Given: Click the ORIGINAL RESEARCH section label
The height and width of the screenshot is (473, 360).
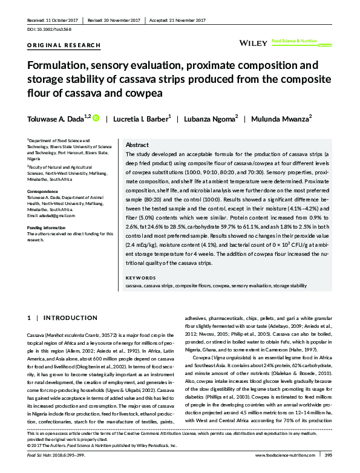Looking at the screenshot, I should (x=55, y=46).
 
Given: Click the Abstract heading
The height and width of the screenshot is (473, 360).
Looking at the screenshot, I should (x=137, y=146).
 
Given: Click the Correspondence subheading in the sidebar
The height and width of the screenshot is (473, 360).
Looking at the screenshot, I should (x=45, y=191).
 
